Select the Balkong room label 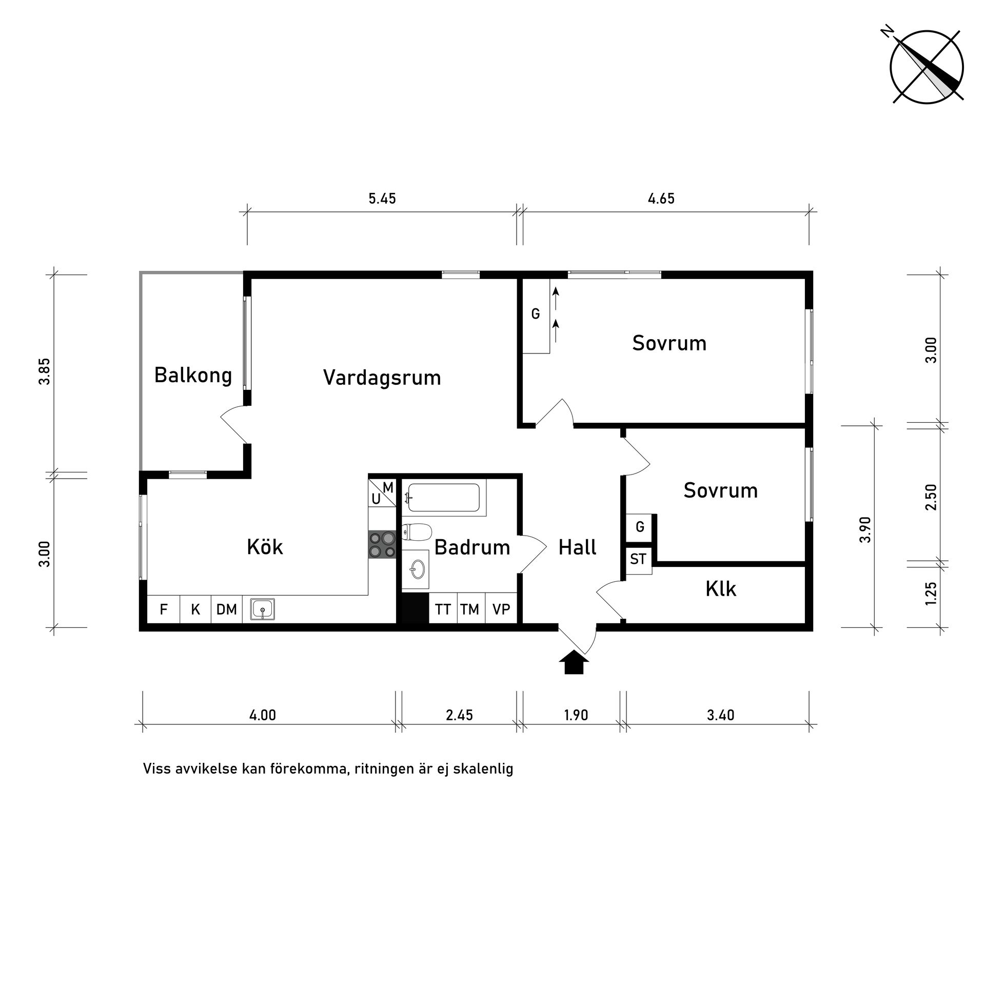click(x=193, y=375)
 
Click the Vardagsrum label click(x=382, y=378)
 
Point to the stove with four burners click(x=382, y=545)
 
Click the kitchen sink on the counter click(x=263, y=609)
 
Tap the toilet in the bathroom click(x=417, y=533)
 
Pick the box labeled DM click(x=226, y=609)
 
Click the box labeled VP click(x=501, y=609)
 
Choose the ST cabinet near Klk click(x=638, y=559)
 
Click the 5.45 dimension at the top click(x=382, y=199)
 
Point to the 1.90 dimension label click(x=576, y=715)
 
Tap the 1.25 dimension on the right click(x=931, y=594)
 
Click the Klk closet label click(x=721, y=589)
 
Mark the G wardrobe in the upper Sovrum click(x=536, y=314)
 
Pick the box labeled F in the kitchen click(x=163, y=609)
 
